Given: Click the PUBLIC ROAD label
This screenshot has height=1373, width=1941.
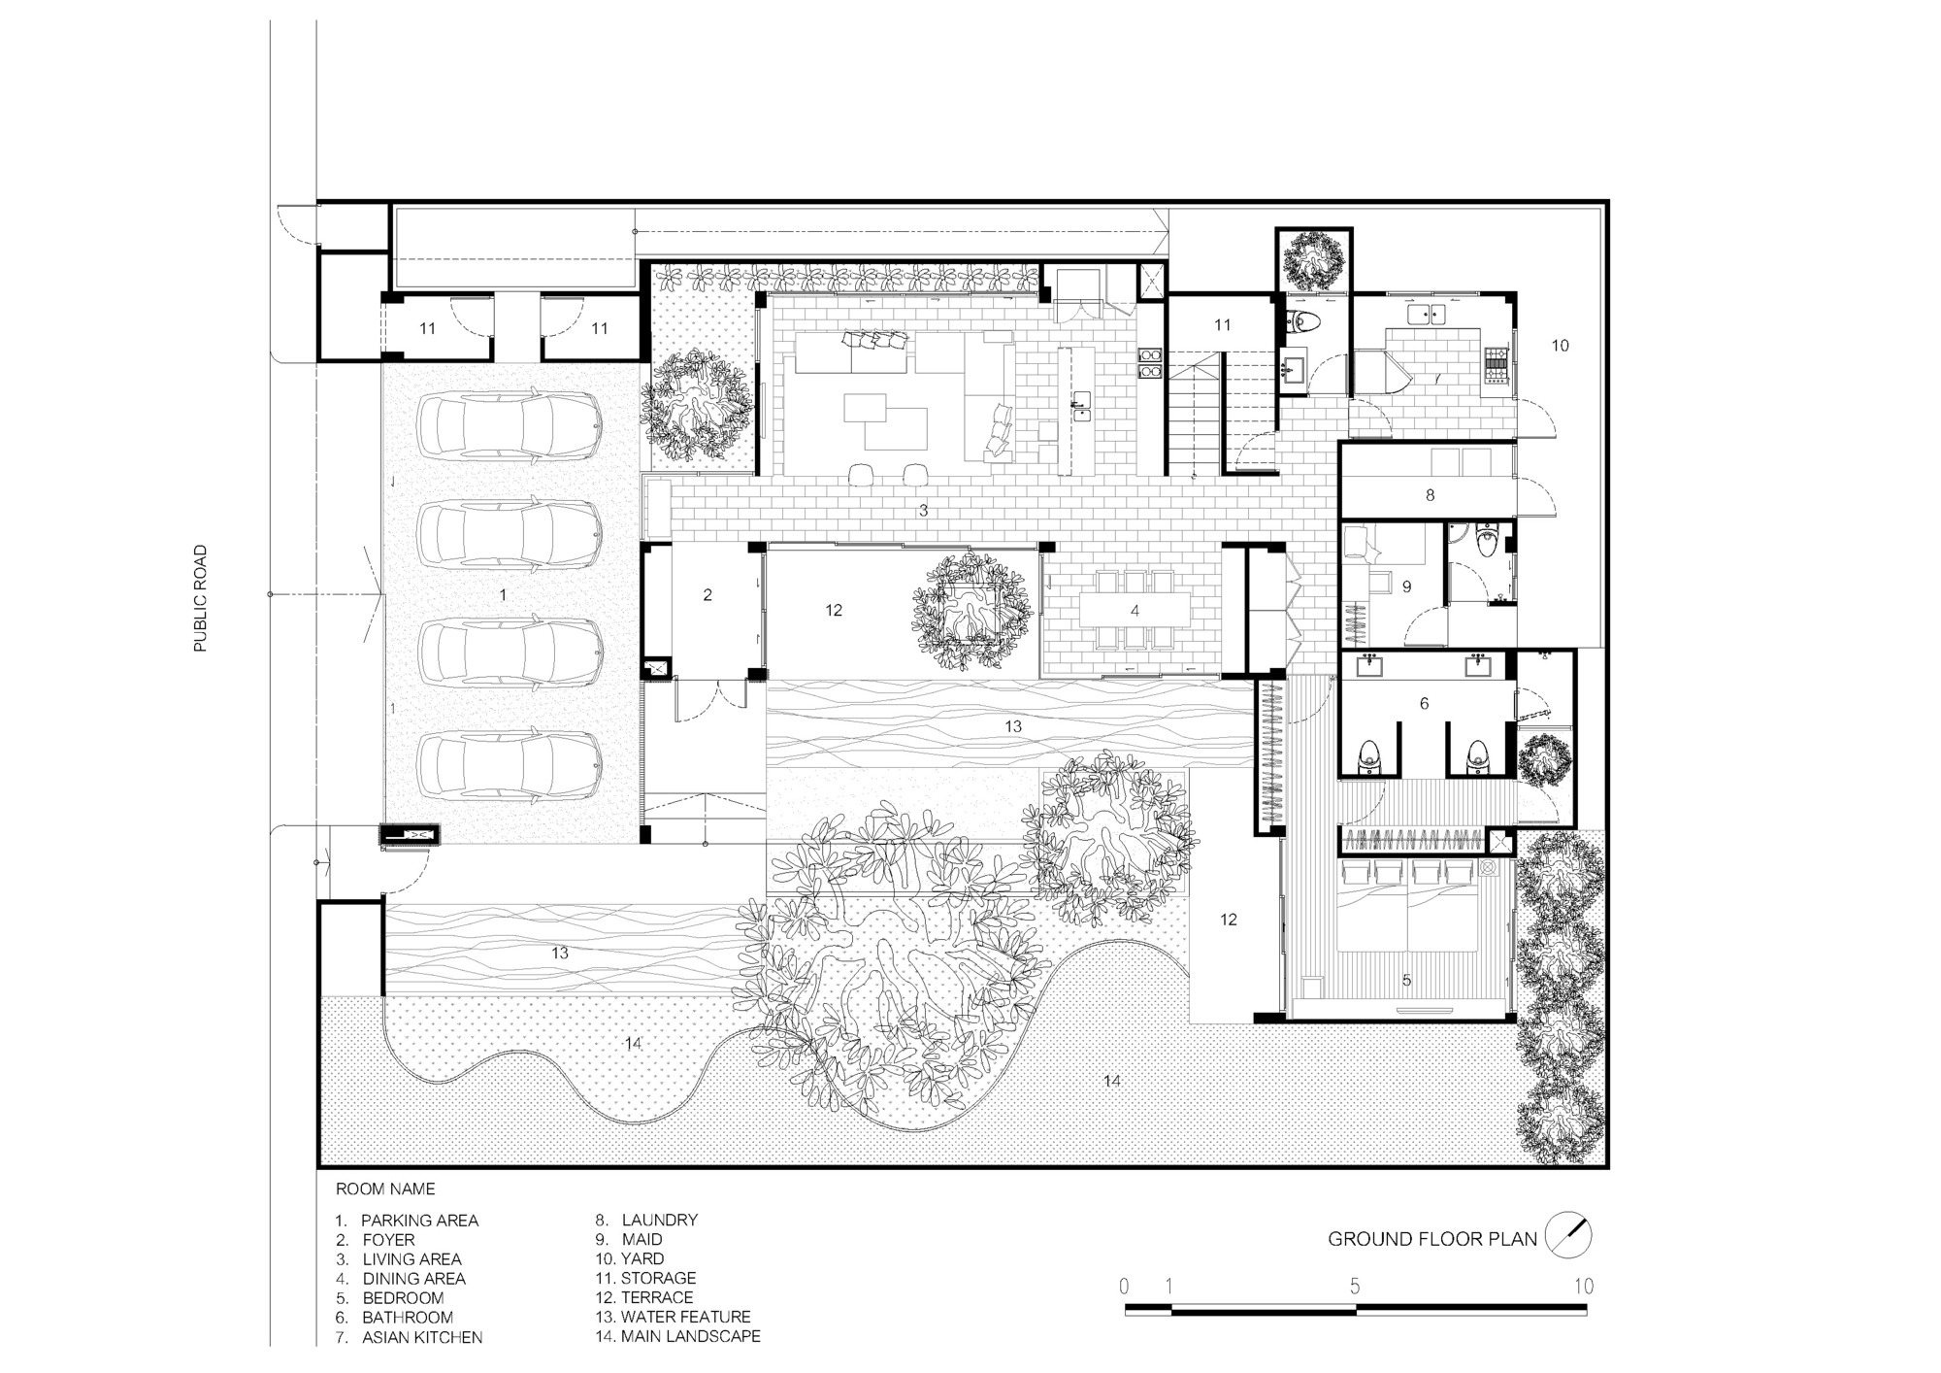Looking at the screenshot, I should (x=201, y=598).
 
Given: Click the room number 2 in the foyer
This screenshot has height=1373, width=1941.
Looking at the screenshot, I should (x=707, y=595).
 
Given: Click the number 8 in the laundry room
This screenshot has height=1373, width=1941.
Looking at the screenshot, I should (x=1430, y=495).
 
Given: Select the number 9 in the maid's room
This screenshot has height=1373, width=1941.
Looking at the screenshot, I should (x=1406, y=586).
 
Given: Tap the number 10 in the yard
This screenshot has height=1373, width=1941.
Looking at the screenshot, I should (x=1560, y=346).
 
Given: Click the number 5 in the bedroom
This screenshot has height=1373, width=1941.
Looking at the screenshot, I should (x=1406, y=982).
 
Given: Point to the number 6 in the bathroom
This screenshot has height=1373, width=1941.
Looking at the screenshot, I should (x=1424, y=704).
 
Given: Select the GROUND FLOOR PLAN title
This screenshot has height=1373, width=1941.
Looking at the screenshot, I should (x=1432, y=1239).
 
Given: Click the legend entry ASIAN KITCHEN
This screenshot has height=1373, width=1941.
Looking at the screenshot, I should (x=422, y=1337).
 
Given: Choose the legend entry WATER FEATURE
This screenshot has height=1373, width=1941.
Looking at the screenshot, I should (x=685, y=1317).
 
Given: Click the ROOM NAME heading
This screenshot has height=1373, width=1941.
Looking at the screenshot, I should (x=385, y=1189).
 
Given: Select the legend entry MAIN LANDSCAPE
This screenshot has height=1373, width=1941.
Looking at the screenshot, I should (x=690, y=1336).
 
